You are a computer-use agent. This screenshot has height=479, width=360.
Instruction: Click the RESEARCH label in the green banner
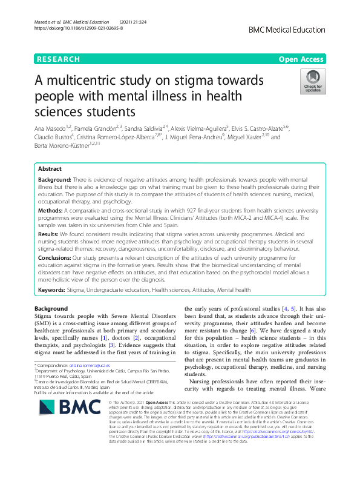58,59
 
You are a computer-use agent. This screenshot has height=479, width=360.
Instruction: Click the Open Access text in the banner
302,59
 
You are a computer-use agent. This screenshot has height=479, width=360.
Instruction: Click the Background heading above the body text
51,309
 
